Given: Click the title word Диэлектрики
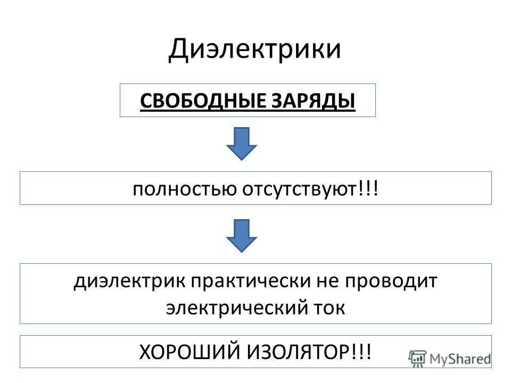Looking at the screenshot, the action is tap(254, 49).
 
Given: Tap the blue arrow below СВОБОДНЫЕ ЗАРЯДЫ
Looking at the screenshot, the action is tap(242, 144).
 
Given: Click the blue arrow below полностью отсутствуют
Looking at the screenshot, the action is tap(242, 236).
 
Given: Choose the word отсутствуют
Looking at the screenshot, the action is tap(299, 189).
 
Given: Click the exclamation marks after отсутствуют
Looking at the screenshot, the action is tap(368, 188).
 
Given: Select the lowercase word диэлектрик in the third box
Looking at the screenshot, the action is tap(130, 281).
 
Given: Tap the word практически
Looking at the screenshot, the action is tap(251, 281).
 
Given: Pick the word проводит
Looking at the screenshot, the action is tap(391, 281).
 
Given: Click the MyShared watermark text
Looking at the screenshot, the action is tap(460, 359).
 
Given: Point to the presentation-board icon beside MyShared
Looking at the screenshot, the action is tap(417, 359).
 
